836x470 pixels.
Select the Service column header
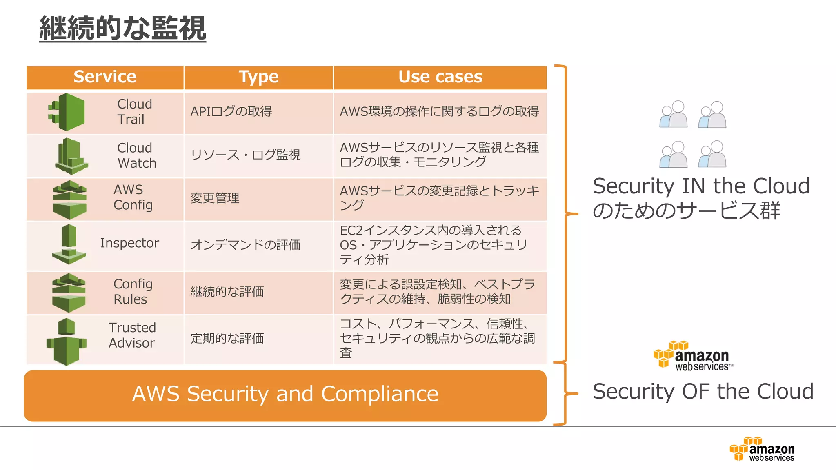click(x=105, y=77)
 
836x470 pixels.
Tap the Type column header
click(x=258, y=77)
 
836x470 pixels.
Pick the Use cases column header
click(x=440, y=77)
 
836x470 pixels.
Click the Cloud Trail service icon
click(x=67, y=112)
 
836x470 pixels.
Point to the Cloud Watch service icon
click(x=71, y=156)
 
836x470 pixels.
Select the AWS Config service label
click(x=133, y=197)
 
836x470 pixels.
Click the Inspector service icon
click(x=69, y=244)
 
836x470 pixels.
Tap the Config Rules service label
click(x=133, y=291)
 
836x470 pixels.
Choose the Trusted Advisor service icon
click(x=66, y=341)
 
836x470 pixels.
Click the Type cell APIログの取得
click(x=231, y=111)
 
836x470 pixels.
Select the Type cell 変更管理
click(x=215, y=198)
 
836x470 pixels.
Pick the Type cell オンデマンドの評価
click(x=245, y=245)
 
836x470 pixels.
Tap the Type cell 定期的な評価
click(x=227, y=338)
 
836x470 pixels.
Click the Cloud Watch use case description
click(x=439, y=155)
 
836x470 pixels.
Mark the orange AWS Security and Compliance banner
click(x=285, y=395)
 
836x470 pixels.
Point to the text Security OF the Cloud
click(x=703, y=392)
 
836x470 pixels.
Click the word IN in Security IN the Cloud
click(x=694, y=186)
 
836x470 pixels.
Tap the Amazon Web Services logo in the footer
click(x=762, y=449)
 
